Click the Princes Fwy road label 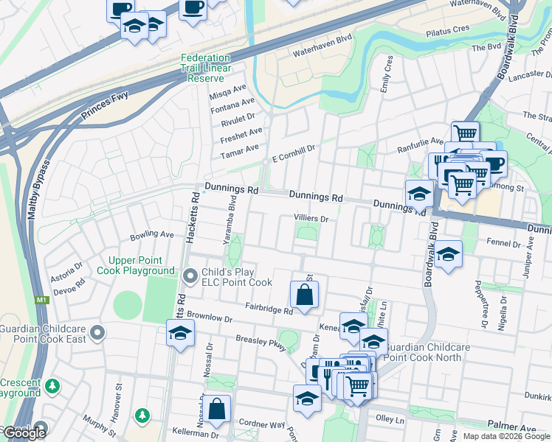(x=104, y=107)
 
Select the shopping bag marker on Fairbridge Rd (x=304, y=295)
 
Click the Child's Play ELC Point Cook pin (x=190, y=277)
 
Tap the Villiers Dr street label (x=310, y=219)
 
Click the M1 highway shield (x=42, y=300)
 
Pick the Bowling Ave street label (x=151, y=235)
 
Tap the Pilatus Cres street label (x=447, y=29)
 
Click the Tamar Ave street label (x=241, y=148)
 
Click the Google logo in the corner (x=24, y=433)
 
